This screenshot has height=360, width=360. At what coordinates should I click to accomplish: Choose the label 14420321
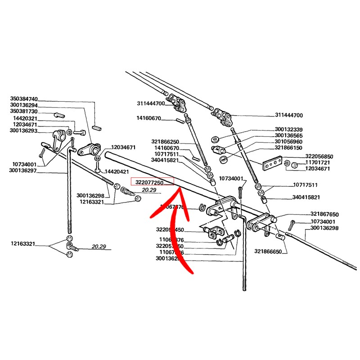click(25, 118)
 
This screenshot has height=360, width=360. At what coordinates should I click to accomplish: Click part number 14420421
click(117, 172)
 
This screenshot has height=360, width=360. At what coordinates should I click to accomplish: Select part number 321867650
click(324, 215)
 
